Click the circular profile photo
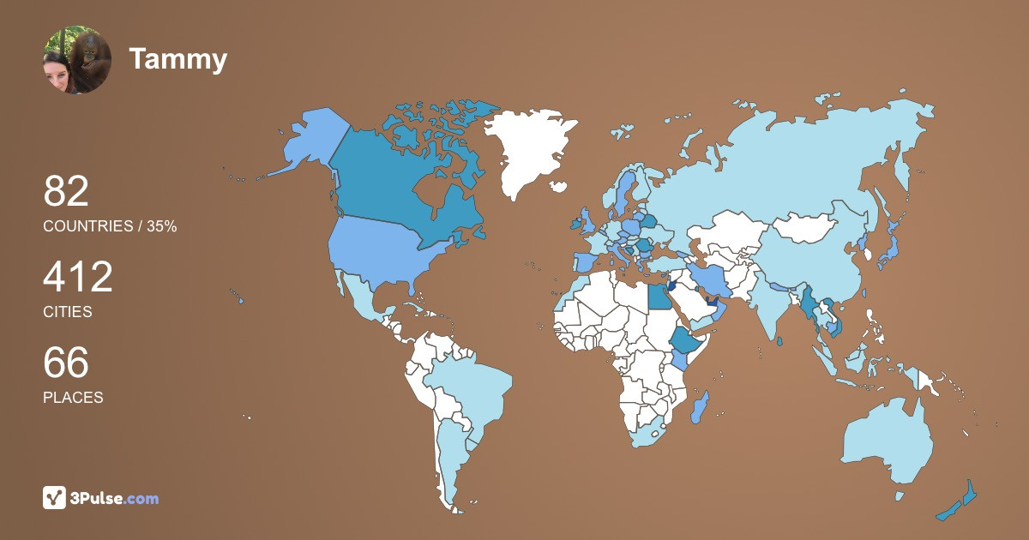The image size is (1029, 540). [x=77, y=59]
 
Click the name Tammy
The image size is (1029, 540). [x=178, y=59]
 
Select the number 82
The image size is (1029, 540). [x=66, y=191]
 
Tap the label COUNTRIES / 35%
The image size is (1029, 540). [x=110, y=226]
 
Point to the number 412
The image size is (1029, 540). [x=78, y=277]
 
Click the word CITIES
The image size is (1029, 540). [x=67, y=312]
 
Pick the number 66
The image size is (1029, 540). [x=66, y=363]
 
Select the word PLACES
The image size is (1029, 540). [x=73, y=398]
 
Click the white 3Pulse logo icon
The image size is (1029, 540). [x=55, y=498]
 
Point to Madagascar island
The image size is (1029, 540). [x=701, y=406]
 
